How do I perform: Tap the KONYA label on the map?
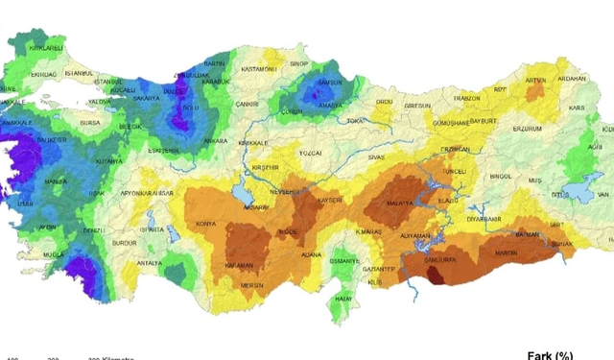point(205,225)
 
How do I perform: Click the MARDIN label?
point(505,253)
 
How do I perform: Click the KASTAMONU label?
point(258,69)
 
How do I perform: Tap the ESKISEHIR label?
point(164,151)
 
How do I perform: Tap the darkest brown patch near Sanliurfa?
point(436,276)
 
